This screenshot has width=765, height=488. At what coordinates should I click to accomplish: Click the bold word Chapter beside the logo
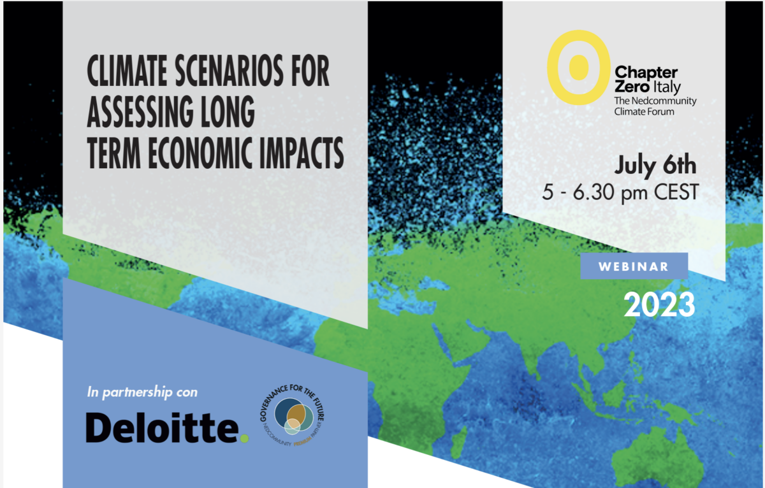tap(645, 73)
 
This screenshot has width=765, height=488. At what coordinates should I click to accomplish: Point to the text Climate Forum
tap(644, 111)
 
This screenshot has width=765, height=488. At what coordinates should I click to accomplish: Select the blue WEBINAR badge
tap(634, 266)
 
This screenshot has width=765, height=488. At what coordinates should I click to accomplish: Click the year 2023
tap(659, 305)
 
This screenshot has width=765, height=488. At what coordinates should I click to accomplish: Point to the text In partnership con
tap(142, 392)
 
